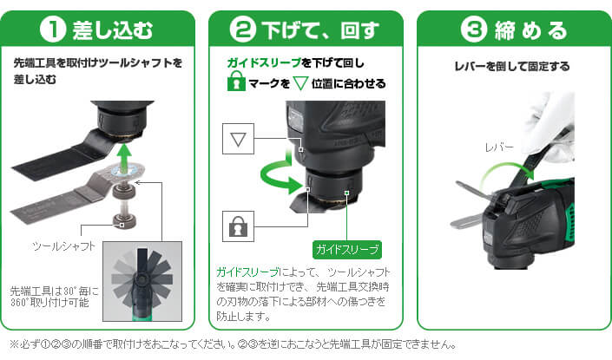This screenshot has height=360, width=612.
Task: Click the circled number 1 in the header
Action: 53,29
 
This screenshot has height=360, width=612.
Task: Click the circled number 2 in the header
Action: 242,29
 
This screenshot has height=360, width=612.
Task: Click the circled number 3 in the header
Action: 473,29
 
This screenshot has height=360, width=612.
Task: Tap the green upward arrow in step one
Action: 124,158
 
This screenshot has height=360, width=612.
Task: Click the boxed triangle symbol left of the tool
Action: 238,139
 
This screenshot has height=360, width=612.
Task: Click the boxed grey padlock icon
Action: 238,226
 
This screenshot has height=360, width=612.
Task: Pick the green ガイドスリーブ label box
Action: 347,250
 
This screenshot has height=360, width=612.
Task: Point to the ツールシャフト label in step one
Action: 64,246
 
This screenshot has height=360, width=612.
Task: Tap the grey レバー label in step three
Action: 499,147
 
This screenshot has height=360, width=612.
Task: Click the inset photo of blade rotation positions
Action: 142,281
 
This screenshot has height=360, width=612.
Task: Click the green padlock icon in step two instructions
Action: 236,82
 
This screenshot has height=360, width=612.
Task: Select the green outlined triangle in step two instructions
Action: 300,83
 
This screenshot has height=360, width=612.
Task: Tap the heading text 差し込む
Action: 112,30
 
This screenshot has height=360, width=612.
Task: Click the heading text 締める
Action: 530,30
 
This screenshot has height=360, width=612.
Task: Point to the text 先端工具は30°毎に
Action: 54,291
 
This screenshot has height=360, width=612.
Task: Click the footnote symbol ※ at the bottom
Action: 14,344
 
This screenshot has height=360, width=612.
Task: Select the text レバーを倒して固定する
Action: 511,66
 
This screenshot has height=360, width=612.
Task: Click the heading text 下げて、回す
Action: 320,30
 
